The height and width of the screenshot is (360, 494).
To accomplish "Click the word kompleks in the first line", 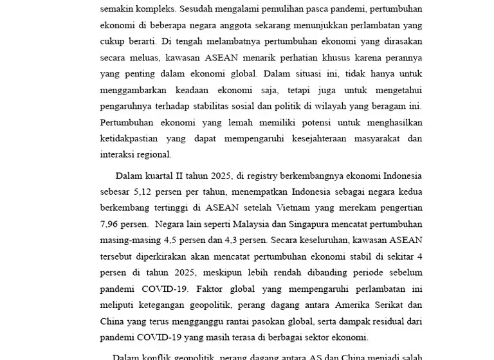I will (155, 10).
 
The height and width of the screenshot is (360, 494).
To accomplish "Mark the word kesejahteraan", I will (320, 138).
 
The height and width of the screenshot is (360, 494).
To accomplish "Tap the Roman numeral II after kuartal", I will (180, 175).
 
